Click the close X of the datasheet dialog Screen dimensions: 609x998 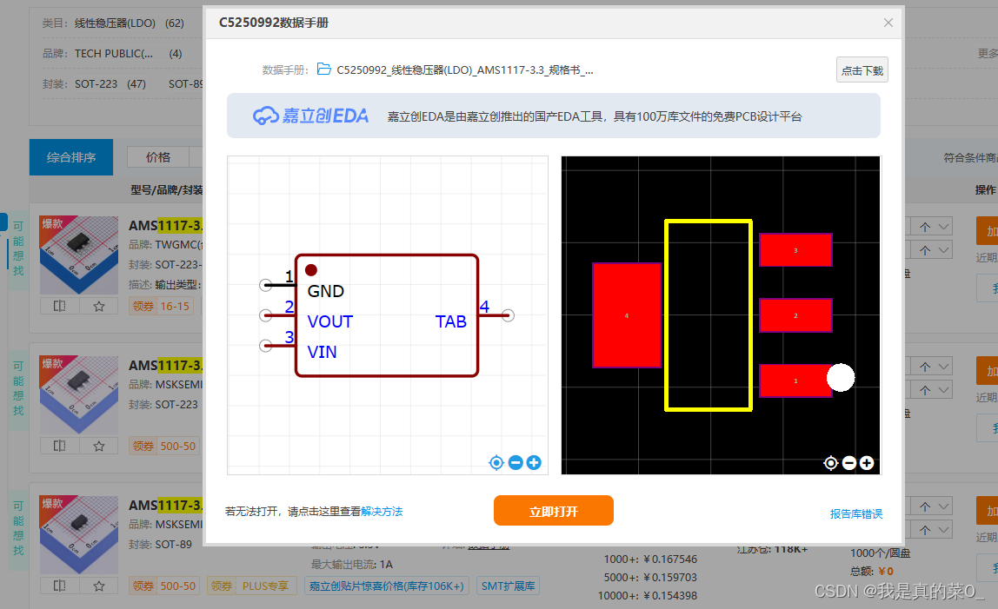click(888, 23)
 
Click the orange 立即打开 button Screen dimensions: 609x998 click(553, 511)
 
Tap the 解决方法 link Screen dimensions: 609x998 click(382, 512)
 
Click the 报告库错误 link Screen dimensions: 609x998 click(855, 514)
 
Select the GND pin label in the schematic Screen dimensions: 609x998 click(326, 291)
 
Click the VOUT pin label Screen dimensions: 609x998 click(329, 321)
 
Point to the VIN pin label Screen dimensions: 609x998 click(322, 352)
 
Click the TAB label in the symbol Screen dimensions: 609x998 click(450, 321)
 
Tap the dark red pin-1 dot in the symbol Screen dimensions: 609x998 click(311, 271)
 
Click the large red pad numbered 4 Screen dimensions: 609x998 click(626, 315)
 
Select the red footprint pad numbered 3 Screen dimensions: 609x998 click(795, 249)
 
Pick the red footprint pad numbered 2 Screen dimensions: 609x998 click(795, 315)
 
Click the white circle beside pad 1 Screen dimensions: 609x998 click(841, 377)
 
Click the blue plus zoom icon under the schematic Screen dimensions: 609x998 click(534, 463)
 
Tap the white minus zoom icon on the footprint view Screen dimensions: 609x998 click(849, 463)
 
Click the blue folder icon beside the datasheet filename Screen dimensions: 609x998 click(324, 70)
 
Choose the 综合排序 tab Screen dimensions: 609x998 click(71, 158)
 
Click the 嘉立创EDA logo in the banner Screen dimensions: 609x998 click(310, 116)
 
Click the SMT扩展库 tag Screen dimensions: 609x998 click(509, 586)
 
